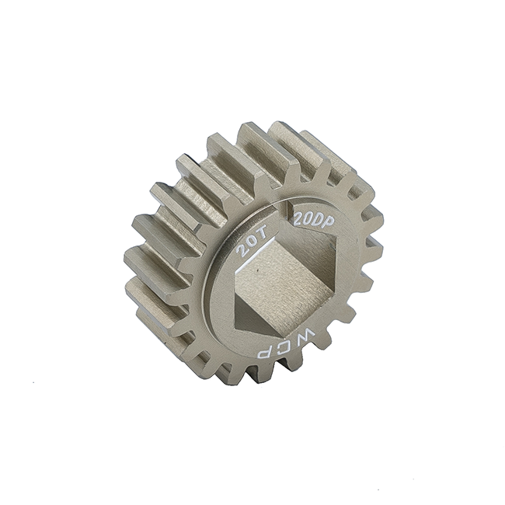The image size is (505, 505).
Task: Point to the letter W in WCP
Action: tap(305, 335)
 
